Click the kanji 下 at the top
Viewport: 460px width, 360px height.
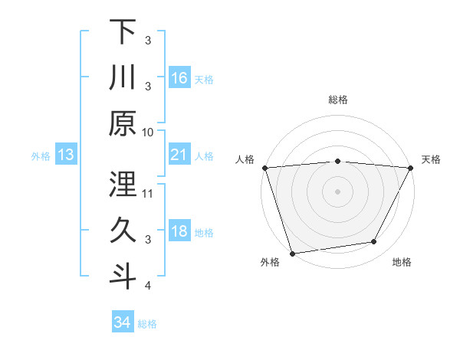(x=123, y=32)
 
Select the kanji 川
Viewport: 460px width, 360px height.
(x=123, y=78)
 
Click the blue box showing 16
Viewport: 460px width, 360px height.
(x=179, y=77)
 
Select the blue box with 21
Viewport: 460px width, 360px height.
(x=179, y=155)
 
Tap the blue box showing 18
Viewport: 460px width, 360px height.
(x=179, y=232)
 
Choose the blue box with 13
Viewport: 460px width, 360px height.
(x=65, y=155)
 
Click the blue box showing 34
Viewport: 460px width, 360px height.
(x=122, y=322)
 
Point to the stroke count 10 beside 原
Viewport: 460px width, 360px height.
(x=148, y=132)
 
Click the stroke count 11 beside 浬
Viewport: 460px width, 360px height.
(x=148, y=193)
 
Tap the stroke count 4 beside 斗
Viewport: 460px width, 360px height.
(x=148, y=286)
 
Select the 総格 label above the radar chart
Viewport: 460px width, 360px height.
(x=337, y=100)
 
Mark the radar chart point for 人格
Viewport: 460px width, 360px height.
(x=264, y=168)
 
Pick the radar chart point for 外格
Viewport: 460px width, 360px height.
(x=293, y=254)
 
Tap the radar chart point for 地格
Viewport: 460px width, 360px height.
(x=374, y=242)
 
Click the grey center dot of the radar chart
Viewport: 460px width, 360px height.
(x=337, y=191)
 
